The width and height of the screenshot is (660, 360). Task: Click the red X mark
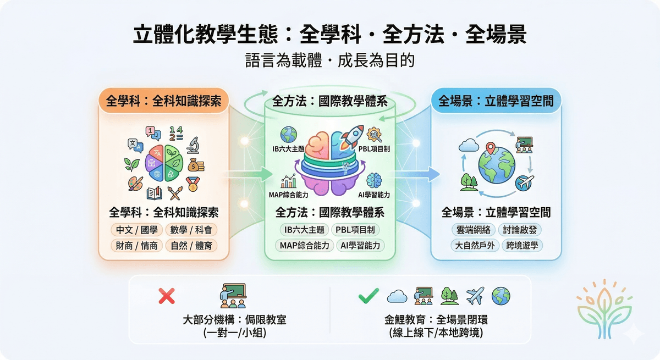pyautogui.click(x=167, y=297)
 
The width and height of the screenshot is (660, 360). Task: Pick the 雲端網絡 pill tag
pyautogui.click(x=473, y=230)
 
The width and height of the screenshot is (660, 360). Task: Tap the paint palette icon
pyautogui.click(x=135, y=184)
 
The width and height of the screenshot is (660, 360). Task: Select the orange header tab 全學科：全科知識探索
pyautogui.click(x=163, y=102)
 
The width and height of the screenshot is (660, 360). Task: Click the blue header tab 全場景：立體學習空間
pyautogui.click(x=496, y=101)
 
